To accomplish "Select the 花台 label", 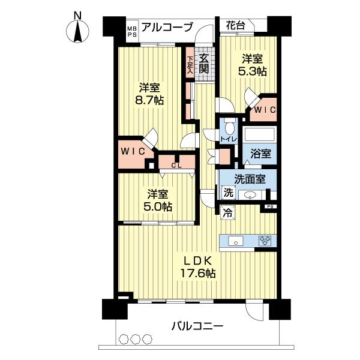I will coord(235,25).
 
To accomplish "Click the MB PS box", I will coord(131,31).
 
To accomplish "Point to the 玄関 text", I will coord(204,64).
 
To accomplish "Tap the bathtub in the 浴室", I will coord(259,134).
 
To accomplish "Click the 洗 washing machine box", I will coord(227,193).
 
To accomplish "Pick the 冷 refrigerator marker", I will coord(227,211).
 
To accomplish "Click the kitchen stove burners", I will coord(265,241).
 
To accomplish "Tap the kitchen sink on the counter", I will coord(236,241).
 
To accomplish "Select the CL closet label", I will coord(176,165).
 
